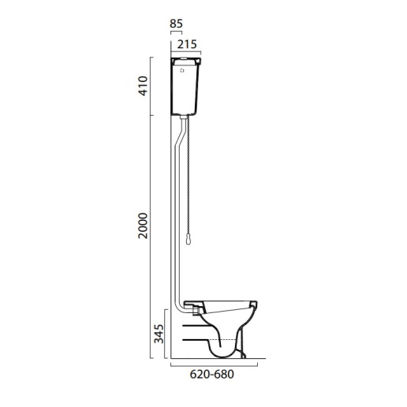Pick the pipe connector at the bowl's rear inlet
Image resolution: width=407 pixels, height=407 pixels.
click(189, 303)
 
